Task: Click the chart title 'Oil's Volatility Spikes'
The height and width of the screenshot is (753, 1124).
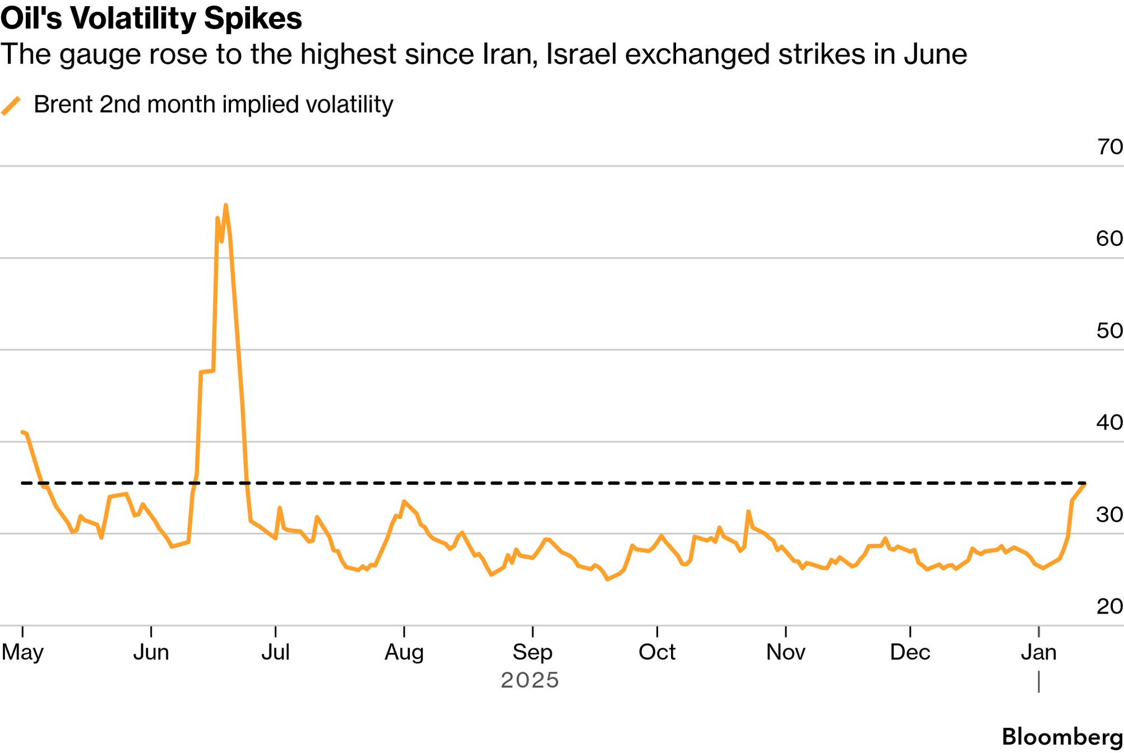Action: (151, 18)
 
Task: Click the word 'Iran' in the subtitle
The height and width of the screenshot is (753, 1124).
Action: (509, 55)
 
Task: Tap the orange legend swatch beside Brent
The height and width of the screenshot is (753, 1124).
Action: (11, 105)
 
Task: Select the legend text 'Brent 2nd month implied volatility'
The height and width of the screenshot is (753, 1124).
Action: (213, 105)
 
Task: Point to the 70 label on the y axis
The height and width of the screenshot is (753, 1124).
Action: (1109, 147)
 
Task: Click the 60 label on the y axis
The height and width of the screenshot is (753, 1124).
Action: (1109, 239)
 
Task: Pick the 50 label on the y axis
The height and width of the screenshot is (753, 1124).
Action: (1109, 331)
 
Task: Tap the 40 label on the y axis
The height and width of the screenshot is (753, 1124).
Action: (1109, 422)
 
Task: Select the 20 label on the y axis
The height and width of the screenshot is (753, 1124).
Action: (1109, 606)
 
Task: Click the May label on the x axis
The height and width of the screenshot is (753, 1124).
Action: (22, 652)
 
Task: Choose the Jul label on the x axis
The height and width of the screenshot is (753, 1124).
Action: (275, 652)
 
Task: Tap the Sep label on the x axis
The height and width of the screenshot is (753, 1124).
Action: (532, 652)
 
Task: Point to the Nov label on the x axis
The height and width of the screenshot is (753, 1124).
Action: (785, 652)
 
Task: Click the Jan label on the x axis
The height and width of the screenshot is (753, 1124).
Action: (1038, 652)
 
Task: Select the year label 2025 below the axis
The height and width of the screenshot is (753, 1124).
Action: (530, 680)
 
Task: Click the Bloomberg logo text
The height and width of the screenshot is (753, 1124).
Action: (1062, 737)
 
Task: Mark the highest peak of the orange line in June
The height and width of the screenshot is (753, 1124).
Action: (225, 206)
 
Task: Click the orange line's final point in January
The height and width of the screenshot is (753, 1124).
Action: (1085, 484)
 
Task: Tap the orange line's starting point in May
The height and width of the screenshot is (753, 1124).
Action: (22, 432)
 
